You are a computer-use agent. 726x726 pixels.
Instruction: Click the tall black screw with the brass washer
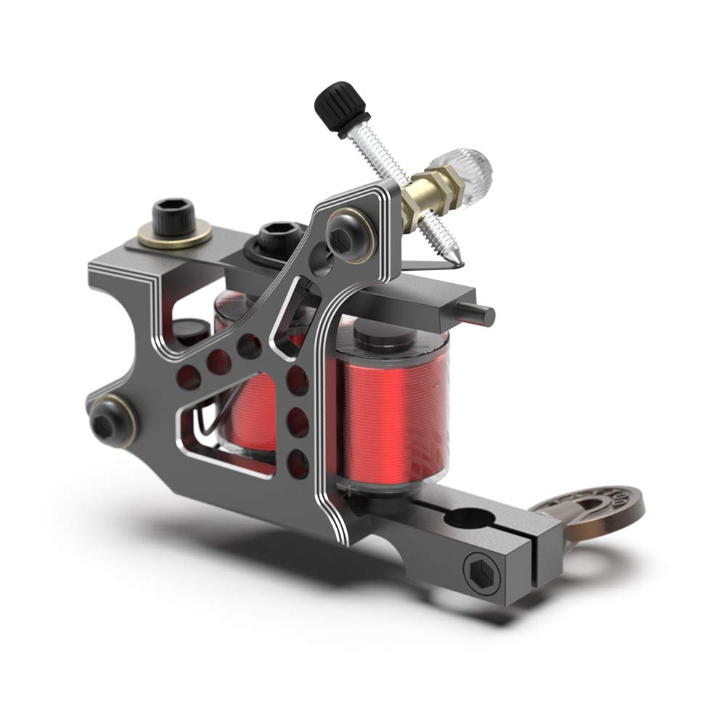174,218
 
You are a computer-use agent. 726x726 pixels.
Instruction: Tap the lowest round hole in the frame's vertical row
295,458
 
